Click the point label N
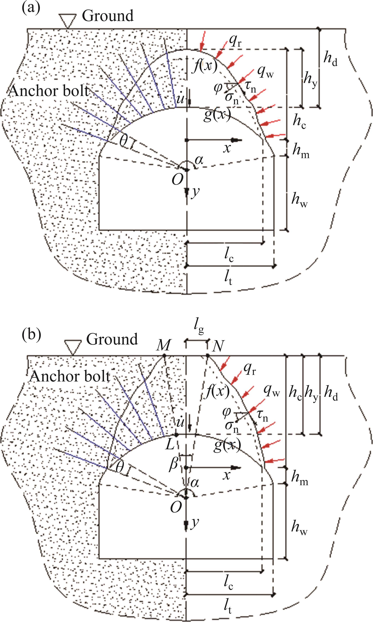[218, 347]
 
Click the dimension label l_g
[199, 327]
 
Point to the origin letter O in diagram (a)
[177, 179]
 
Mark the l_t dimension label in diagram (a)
[228, 278]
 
